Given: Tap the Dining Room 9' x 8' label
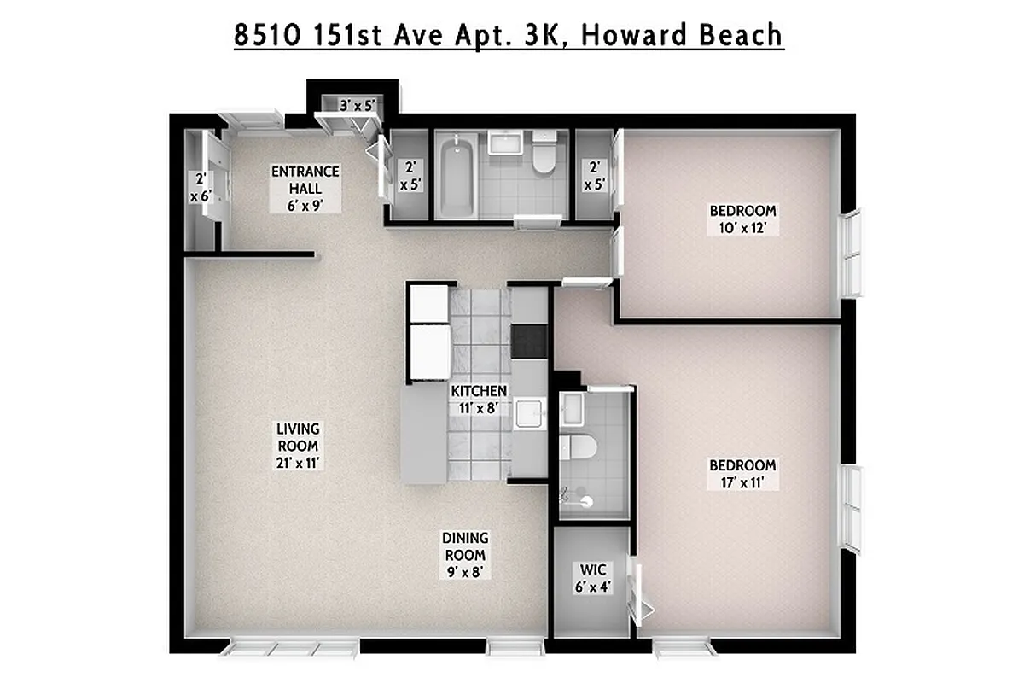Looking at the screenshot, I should click(x=465, y=555).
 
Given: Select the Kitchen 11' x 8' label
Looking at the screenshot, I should click(x=479, y=399).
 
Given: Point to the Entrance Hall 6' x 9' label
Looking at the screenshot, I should click(x=305, y=188).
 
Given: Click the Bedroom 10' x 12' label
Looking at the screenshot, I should click(x=742, y=219).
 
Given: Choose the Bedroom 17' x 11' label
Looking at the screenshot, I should click(x=742, y=474).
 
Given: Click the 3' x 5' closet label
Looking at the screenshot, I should click(x=358, y=107).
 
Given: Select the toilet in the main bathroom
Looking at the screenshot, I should click(x=542, y=154).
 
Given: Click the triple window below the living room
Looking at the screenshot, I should click(x=282, y=649).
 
